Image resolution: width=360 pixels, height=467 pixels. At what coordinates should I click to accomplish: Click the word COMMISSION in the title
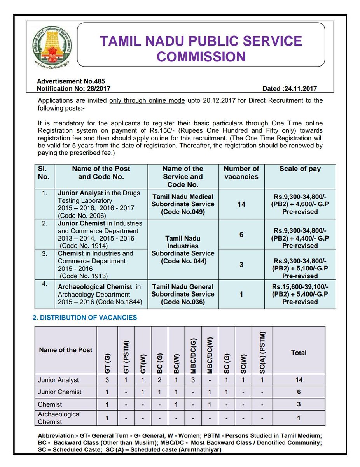201,57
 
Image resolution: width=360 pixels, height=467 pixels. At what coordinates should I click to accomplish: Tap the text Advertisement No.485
65,82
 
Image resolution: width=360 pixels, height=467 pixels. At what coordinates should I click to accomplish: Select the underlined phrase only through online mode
147,101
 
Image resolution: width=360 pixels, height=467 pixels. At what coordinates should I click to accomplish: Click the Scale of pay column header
300,169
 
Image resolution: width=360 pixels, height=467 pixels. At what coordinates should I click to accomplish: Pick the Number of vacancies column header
241,173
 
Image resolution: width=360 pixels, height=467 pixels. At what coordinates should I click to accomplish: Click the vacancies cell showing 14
241,204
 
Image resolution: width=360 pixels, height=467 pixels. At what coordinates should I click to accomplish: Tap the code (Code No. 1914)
84,246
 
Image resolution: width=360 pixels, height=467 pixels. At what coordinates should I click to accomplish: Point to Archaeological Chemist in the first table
95,287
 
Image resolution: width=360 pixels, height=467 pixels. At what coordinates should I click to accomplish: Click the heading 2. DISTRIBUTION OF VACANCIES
85,318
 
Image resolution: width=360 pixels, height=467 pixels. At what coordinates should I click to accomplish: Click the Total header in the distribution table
299,353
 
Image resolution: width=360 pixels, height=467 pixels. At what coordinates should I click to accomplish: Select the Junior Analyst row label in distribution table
58,380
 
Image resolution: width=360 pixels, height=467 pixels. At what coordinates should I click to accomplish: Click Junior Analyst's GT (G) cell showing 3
107,380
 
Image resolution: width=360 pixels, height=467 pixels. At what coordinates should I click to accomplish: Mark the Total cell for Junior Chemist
299,392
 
